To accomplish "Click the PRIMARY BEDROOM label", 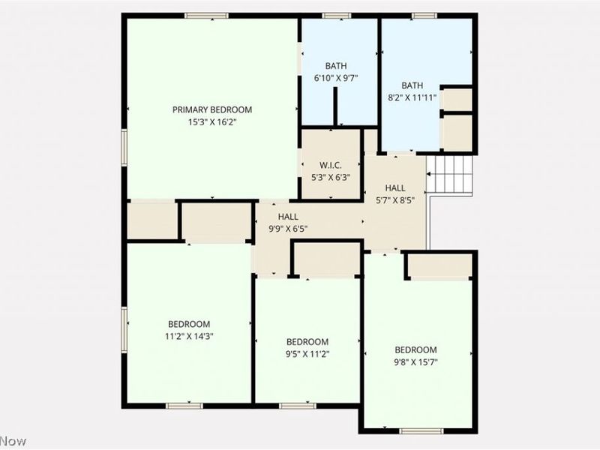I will point(212,109).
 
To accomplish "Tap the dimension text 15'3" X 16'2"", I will point(212,121).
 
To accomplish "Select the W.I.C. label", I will point(331,165).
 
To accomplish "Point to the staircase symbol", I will point(450,175).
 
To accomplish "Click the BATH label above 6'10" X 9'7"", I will point(335,66).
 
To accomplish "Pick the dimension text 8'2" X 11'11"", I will point(412,97).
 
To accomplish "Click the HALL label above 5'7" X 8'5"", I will point(395,187).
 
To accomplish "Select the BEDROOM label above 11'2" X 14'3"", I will point(188,324).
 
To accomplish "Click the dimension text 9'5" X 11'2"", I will point(307,353).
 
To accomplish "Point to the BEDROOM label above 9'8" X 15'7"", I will point(415,349).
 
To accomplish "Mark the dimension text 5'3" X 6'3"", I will point(331,178).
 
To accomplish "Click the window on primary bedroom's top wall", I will point(207,16).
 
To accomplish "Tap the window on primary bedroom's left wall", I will point(124,145).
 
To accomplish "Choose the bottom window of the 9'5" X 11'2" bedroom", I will point(298,406).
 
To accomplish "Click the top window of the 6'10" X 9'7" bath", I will point(337,16).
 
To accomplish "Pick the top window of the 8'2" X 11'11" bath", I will point(424,16).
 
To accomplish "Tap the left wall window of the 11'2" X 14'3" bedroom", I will point(124,327).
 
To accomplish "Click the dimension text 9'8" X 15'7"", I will point(415,362).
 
